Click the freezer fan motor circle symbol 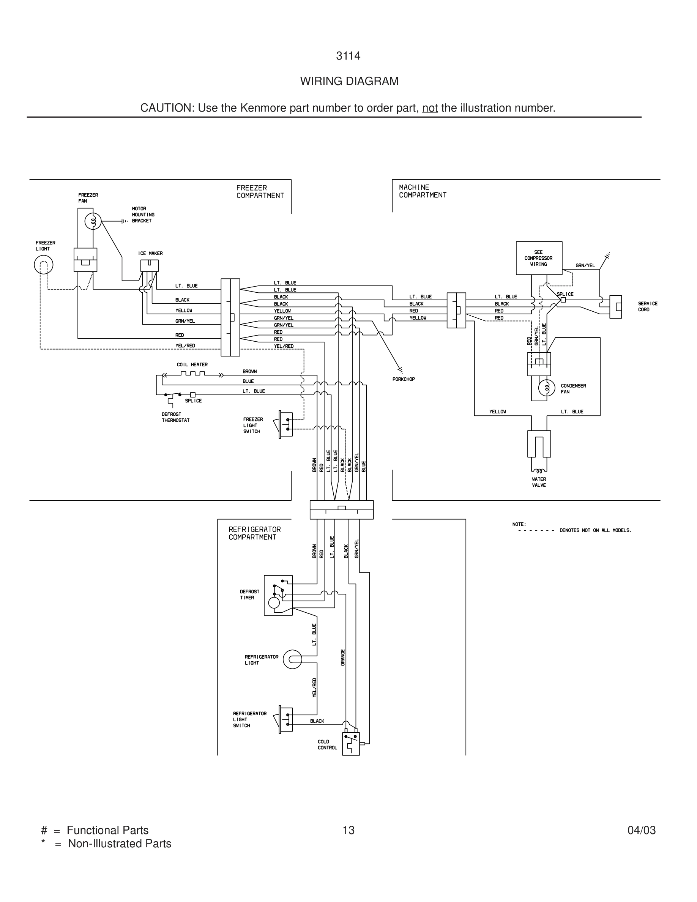(93, 222)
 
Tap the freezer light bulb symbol (43, 265)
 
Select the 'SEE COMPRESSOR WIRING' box (539, 258)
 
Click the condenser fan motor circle (547, 388)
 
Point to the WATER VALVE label (539, 483)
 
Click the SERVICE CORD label (647, 306)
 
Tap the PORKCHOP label (404, 379)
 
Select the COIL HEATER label (192, 365)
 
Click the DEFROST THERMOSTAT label (175, 417)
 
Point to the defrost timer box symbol (278, 595)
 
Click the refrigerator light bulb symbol (292, 659)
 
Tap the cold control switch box (350, 743)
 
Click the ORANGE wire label (343, 657)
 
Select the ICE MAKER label (150, 253)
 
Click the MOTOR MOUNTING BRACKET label (143, 215)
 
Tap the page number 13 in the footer (348, 830)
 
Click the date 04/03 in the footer (641, 830)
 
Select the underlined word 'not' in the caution (429, 108)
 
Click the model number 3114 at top (348, 56)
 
